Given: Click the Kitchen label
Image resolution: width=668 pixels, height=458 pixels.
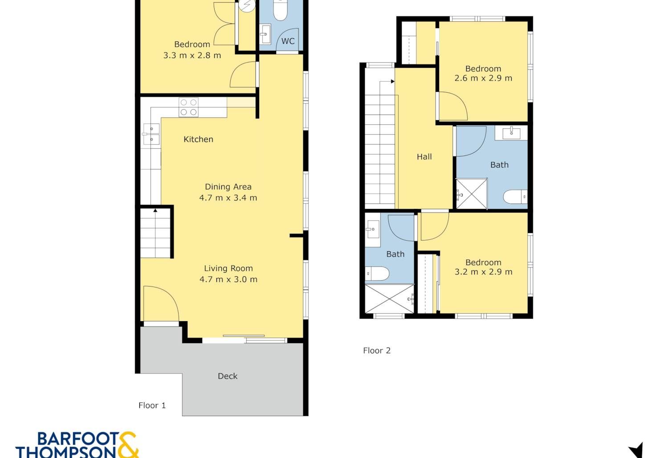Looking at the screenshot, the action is (x=198, y=139).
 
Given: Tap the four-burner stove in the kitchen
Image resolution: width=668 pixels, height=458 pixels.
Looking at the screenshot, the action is (x=188, y=107).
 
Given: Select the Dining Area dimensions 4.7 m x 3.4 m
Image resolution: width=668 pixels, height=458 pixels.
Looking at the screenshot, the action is (x=228, y=198).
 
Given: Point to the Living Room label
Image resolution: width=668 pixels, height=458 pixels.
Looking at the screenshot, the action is (x=228, y=268).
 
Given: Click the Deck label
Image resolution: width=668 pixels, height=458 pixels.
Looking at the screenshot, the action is (x=228, y=376).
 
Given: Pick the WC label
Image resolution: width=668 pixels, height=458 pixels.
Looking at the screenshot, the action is (x=288, y=41).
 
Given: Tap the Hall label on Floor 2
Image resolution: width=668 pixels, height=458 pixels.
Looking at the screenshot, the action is (x=424, y=157).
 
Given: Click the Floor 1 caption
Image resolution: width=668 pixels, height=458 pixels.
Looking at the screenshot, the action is (x=152, y=405).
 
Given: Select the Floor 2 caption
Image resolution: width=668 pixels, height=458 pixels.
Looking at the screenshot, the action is (x=377, y=351).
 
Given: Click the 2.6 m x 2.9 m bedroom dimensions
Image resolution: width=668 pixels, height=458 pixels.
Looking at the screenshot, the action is (x=483, y=78).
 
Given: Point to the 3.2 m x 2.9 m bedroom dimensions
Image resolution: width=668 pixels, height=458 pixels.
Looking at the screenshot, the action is (x=483, y=272).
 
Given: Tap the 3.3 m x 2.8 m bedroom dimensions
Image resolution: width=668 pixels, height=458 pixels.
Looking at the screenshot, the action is (x=192, y=56).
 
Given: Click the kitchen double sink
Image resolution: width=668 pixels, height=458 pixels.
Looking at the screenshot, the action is (x=151, y=134).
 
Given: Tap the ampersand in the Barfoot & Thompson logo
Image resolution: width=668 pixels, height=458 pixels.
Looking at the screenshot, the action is (x=129, y=445).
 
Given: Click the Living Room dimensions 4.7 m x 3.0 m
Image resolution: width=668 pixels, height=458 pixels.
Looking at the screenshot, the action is (x=228, y=280).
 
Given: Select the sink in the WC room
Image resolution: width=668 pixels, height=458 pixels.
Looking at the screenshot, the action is (x=265, y=34).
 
